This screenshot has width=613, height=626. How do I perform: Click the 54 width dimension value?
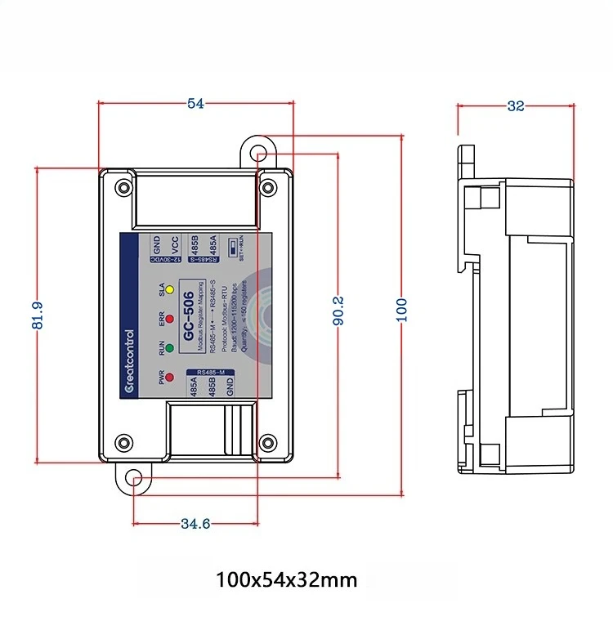[x=195, y=103]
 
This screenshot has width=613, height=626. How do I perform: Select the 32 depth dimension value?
[x=516, y=105]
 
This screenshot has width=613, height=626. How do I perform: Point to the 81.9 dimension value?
[x=38, y=315]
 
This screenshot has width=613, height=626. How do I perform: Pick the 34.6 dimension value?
[x=195, y=523]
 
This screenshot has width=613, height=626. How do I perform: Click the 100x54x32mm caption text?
[x=286, y=580]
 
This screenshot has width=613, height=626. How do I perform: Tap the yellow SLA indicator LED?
[x=169, y=289]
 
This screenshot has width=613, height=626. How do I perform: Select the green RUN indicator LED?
[x=169, y=349]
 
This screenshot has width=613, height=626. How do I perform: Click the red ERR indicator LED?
[x=169, y=319]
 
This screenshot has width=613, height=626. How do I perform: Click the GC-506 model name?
[x=189, y=318]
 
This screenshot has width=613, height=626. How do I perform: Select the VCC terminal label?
[x=174, y=245]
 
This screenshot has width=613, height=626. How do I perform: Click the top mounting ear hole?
[x=258, y=153]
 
